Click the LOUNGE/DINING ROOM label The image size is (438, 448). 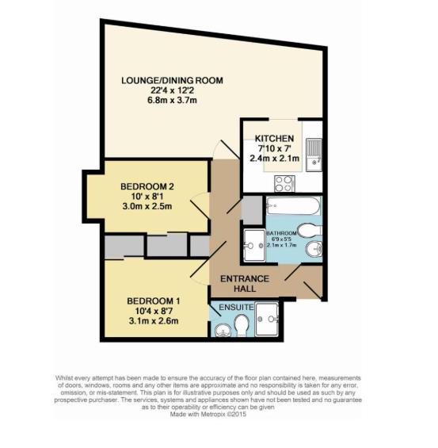click(172, 80)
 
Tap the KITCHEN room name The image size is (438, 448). click(275, 138)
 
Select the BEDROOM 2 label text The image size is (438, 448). click(147, 186)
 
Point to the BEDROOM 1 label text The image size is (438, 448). click(154, 301)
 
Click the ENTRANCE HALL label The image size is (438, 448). click(245, 284)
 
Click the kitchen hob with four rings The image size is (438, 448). click(284, 182)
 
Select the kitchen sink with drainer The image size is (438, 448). click(314, 153)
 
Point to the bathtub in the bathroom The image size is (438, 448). click(293, 209)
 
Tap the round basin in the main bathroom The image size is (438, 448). click(315, 251)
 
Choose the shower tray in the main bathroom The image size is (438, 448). click(255, 244)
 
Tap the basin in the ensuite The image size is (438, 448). click(219, 325)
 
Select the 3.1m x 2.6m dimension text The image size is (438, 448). click(154, 321)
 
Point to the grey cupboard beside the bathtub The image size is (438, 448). click(251, 209)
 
